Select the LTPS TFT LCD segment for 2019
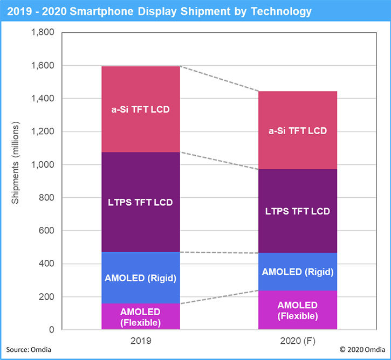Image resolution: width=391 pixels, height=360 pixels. pos(140,202)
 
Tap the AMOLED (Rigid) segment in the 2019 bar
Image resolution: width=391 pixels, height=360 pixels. pos(140,278)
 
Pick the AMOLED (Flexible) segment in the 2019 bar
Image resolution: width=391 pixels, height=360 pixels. pos(140,317)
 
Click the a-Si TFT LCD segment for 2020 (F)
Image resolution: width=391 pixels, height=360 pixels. pos(298,130)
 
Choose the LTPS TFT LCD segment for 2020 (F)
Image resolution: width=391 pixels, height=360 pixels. pos(298,211)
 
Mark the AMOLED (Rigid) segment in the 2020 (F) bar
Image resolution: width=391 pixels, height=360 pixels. pos(298,272)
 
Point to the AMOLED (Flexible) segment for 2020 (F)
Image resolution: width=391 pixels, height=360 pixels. pos(298,310)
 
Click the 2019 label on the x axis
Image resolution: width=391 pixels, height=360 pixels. pos(140,341)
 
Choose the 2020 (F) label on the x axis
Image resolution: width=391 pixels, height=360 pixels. pos(298,341)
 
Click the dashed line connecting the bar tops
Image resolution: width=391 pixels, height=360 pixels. pos(219,79)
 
